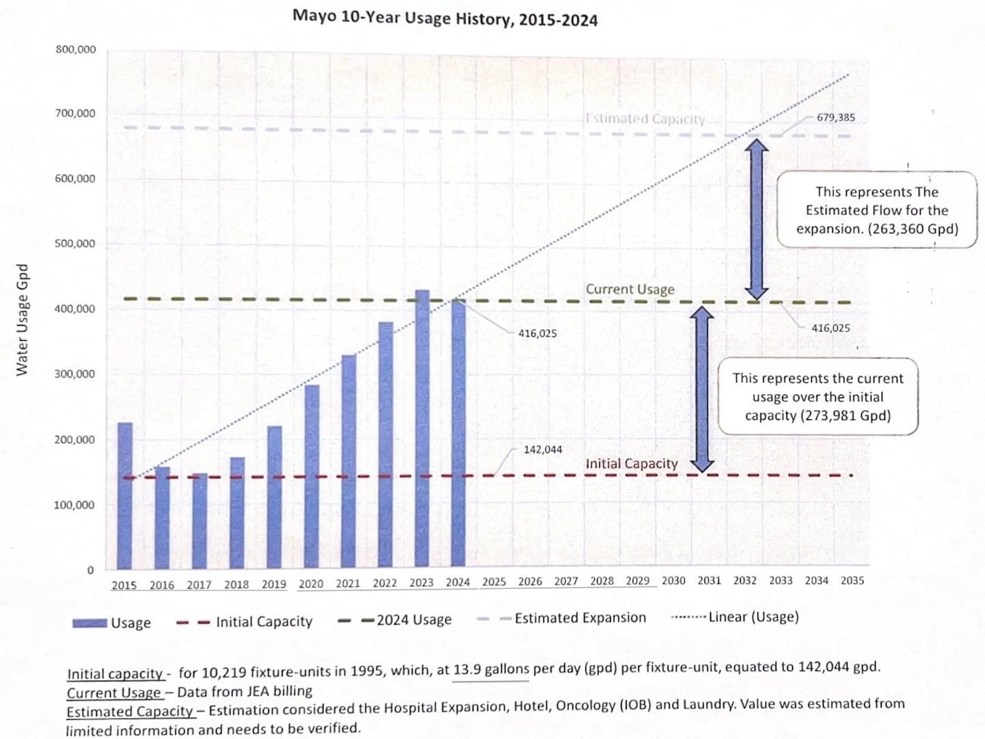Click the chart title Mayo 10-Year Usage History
tap(445, 18)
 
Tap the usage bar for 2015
tap(124, 495)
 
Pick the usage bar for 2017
tap(199, 521)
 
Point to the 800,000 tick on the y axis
tap(75, 49)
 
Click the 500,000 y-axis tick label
tap(75, 244)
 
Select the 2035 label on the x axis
tap(852, 580)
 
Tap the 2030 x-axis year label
tap(673, 580)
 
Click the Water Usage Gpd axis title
tap(22, 320)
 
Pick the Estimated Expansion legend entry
tap(562, 618)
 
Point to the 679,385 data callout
tap(835, 117)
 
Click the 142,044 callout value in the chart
tap(542, 450)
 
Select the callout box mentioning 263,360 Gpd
tap(877, 210)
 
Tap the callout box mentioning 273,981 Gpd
tap(817, 397)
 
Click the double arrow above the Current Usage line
tap(756, 219)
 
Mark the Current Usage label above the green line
tap(629, 289)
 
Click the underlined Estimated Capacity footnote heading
tap(129, 712)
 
